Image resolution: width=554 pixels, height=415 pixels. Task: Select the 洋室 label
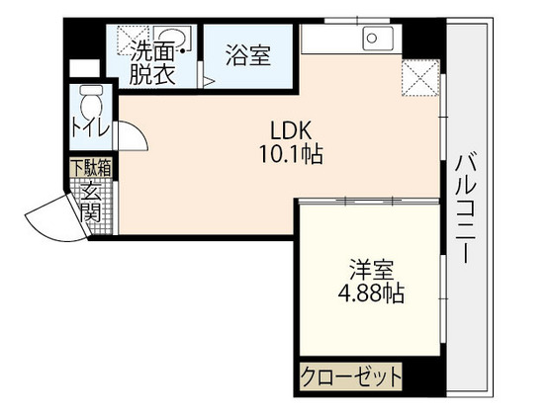(x=365, y=268)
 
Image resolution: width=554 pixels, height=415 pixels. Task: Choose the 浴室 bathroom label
(x=247, y=56)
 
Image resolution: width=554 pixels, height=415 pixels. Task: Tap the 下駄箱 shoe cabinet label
(x=91, y=168)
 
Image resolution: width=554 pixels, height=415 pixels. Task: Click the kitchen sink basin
(x=377, y=40)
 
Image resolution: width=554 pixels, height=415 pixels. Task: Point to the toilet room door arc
(x=129, y=134)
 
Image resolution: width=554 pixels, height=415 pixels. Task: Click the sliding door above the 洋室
(x=366, y=200)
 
